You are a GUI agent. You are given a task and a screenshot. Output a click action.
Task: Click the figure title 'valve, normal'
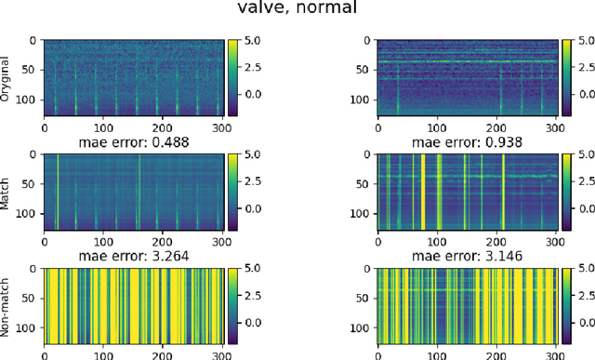(x=297, y=12)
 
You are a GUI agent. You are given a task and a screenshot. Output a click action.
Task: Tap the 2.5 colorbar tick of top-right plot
(x=582, y=68)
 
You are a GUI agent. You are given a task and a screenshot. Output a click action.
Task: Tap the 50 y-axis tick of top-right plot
(x=363, y=69)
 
